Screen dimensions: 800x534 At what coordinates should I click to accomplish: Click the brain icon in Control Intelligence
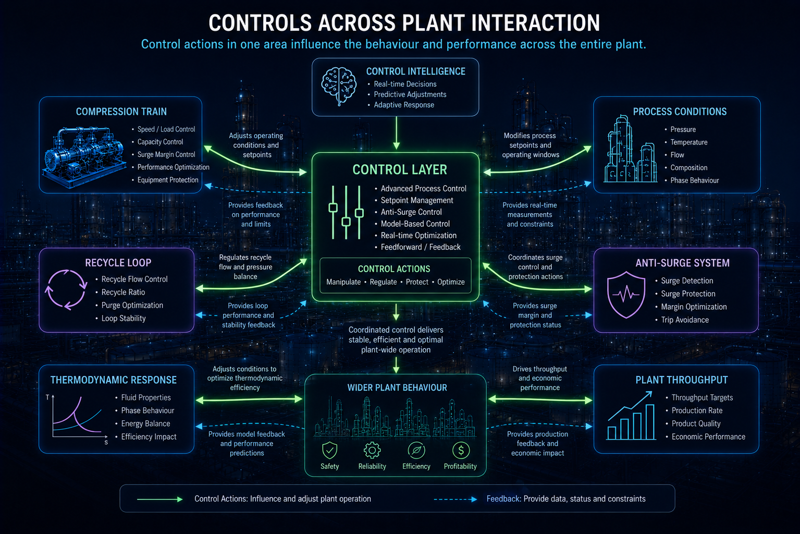click(x=339, y=87)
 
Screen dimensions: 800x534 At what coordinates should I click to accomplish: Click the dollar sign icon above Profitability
click(x=461, y=451)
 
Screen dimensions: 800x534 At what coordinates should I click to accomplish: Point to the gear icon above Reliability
click(x=372, y=451)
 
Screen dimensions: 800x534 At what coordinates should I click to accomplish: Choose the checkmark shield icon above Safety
click(x=329, y=451)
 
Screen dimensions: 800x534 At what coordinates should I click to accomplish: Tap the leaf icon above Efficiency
click(x=416, y=451)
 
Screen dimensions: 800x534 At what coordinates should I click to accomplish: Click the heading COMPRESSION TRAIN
click(x=121, y=112)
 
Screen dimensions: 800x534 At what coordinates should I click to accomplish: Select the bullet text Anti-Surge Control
click(x=411, y=212)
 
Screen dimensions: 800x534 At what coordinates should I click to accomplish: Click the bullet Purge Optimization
click(x=132, y=305)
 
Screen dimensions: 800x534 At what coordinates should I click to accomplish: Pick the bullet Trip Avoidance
click(x=685, y=320)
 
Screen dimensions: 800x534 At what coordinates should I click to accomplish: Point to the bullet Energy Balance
click(x=145, y=423)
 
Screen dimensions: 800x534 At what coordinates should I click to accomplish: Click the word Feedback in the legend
click(x=503, y=499)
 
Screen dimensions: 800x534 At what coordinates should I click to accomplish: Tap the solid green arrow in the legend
click(x=159, y=500)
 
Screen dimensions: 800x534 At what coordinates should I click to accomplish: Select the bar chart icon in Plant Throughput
click(x=632, y=416)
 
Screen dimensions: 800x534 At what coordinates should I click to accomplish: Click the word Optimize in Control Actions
click(x=451, y=282)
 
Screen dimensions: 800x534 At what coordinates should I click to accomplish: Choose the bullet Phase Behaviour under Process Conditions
click(x=694, y=180)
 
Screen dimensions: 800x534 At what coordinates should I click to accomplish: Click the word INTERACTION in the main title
click(x=536, y=23)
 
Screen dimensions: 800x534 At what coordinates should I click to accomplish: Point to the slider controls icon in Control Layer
click(x=346, y=212)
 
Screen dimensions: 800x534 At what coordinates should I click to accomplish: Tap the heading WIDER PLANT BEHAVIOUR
click(x=397, y=388)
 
